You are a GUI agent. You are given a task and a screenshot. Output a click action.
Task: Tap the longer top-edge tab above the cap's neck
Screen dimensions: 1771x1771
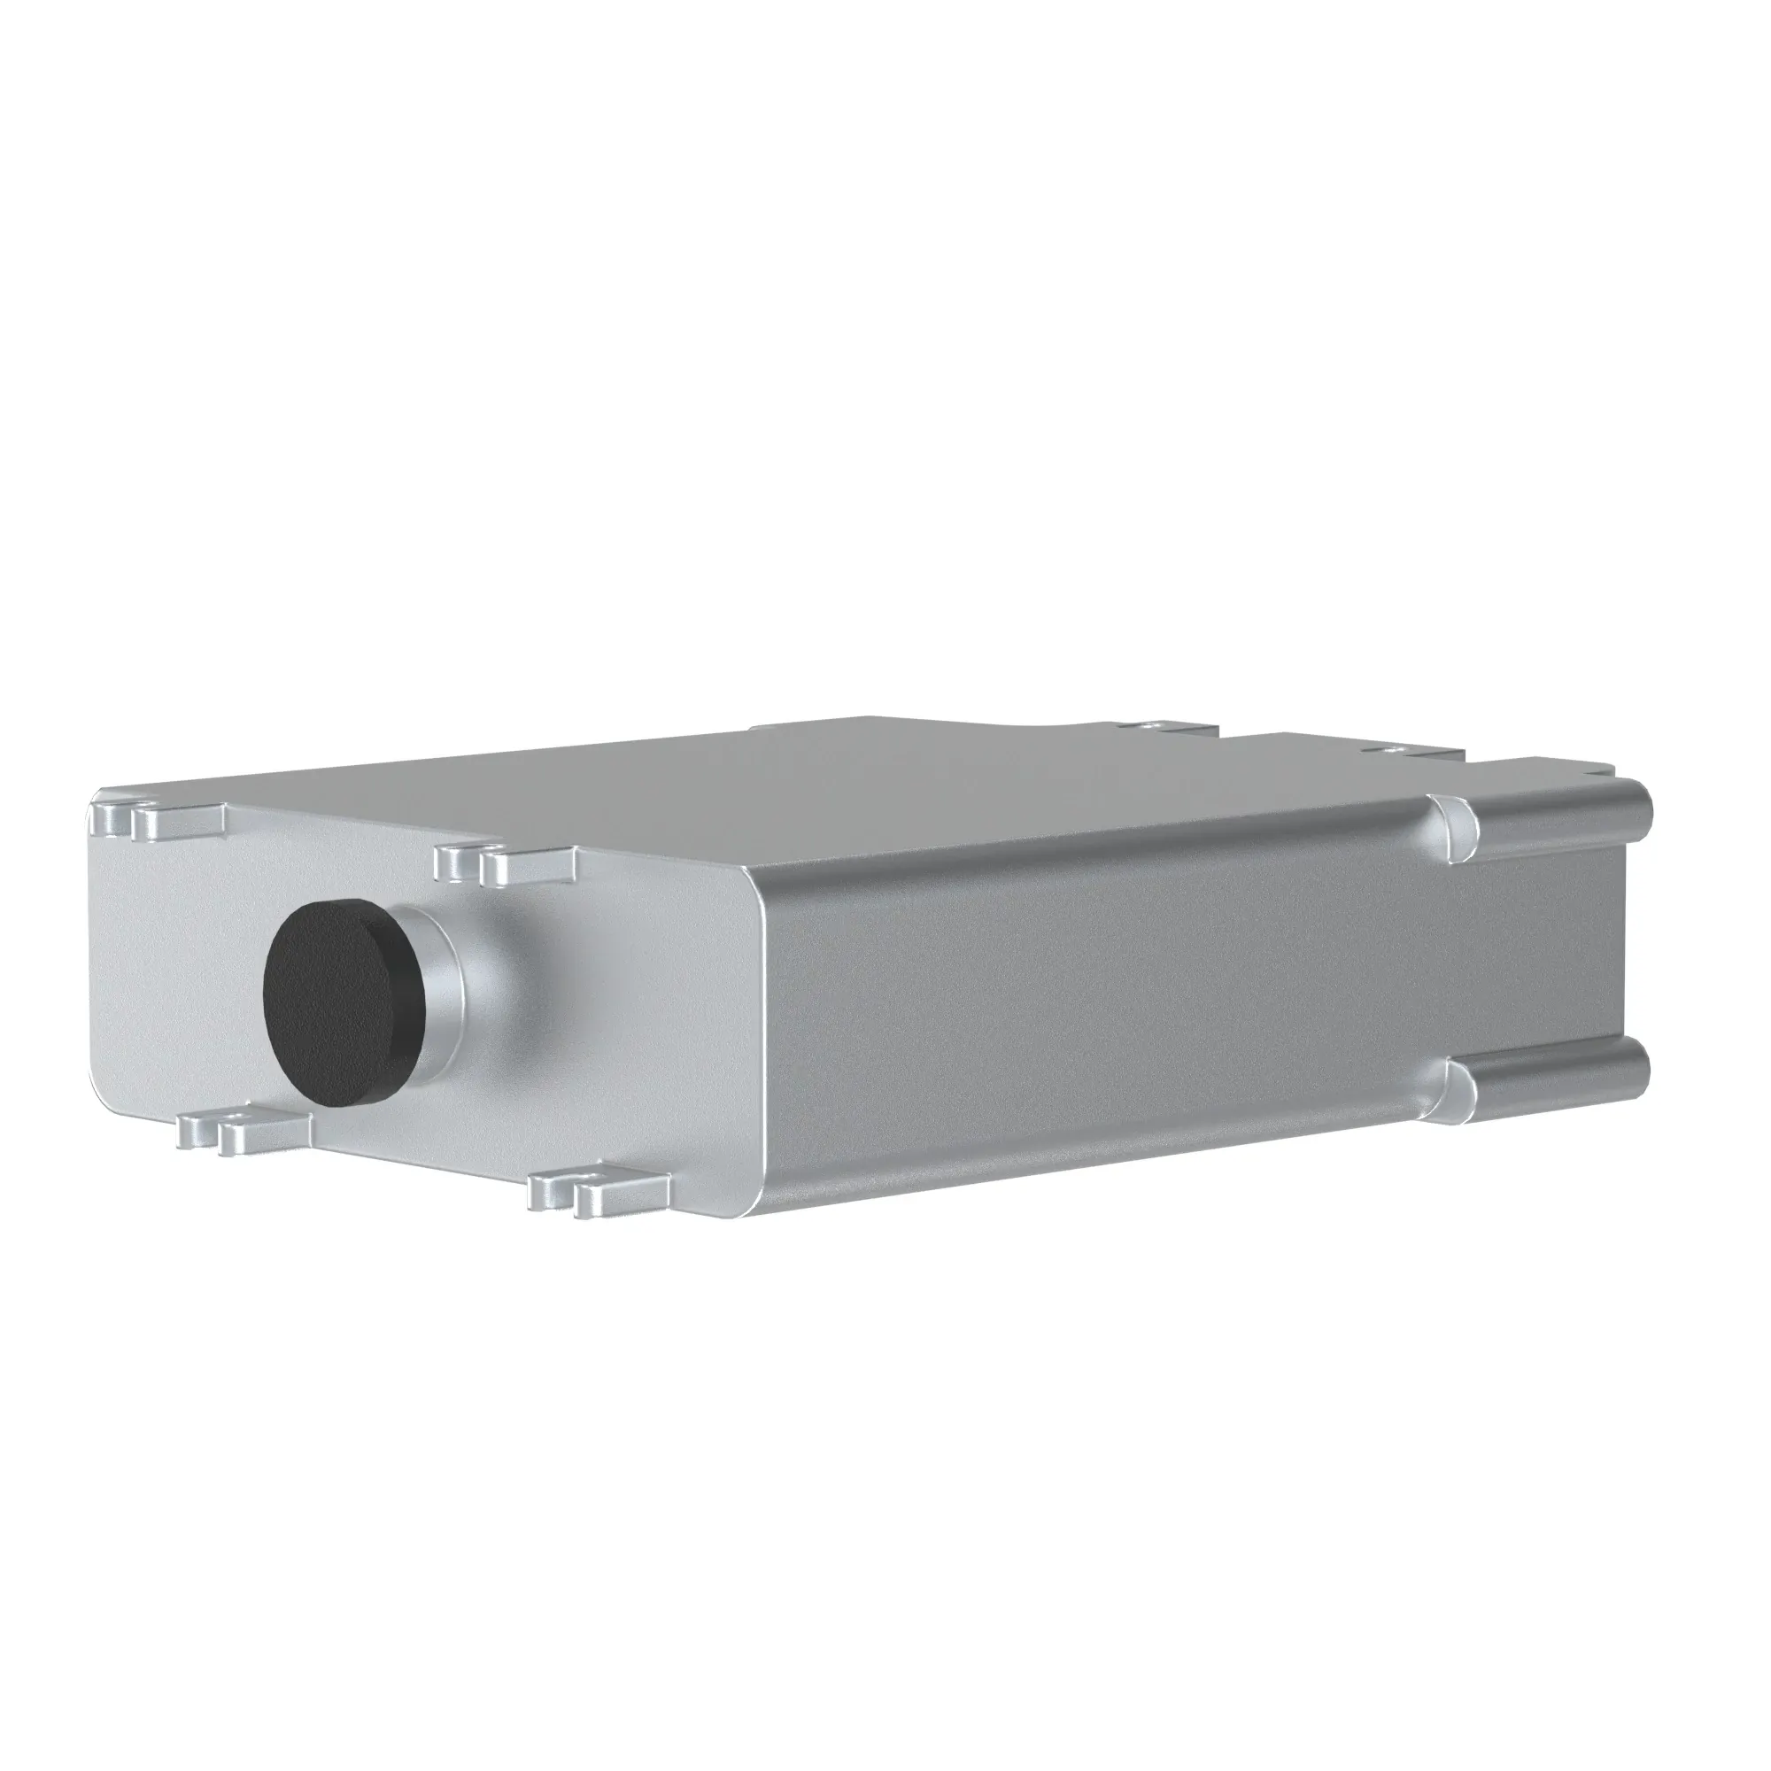(x=528, y=866)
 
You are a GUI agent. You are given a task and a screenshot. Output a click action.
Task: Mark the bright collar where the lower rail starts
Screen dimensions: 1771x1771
(x=1458, y=1094)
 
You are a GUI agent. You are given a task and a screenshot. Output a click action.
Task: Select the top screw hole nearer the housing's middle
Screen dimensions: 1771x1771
(x=1151, y=726)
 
